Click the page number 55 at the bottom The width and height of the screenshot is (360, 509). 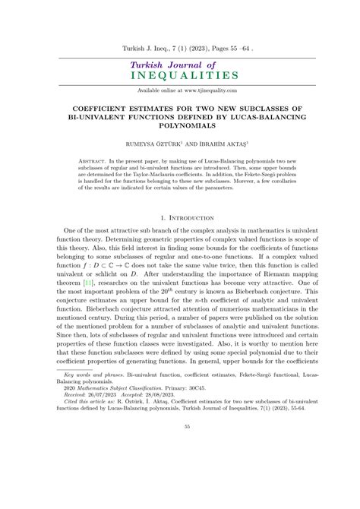coord(179,490)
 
